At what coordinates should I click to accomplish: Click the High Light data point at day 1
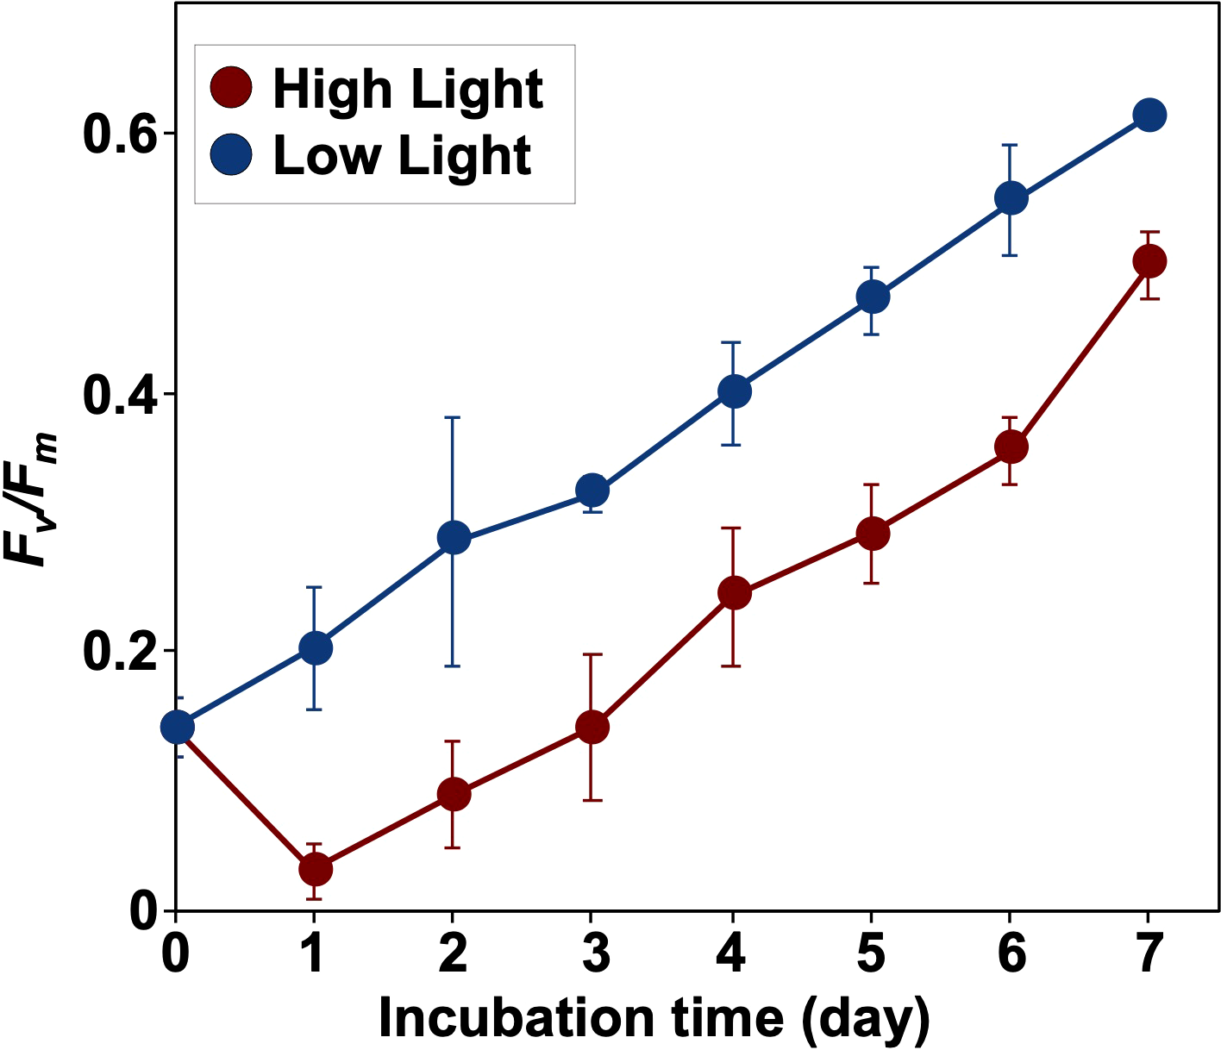tap(315, 869)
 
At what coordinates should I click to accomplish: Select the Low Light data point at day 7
tap(1149, 115)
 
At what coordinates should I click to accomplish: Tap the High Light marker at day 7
tap(1149, 260)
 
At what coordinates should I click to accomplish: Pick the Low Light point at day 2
tap(454, 539)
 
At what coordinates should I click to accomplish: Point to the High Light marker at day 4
tap(733, 593)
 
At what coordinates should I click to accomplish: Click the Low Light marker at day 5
tap(872, 297)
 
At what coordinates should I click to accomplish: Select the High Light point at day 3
tap(592, 727)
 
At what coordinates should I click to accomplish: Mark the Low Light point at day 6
tap(1011, 198)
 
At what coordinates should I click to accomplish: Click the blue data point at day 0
tap(178, 727)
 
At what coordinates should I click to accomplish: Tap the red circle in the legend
tap(231, 87)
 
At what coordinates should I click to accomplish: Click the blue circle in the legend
tap(231, 155)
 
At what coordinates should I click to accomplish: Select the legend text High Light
tap(407, 89)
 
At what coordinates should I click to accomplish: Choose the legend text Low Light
tap(402, 156)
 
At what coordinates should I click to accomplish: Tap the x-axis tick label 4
tap(733, 953)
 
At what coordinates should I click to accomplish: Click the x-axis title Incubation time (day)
tap(654, 1019)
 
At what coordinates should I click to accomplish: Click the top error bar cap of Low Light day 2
tap(454, 417)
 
